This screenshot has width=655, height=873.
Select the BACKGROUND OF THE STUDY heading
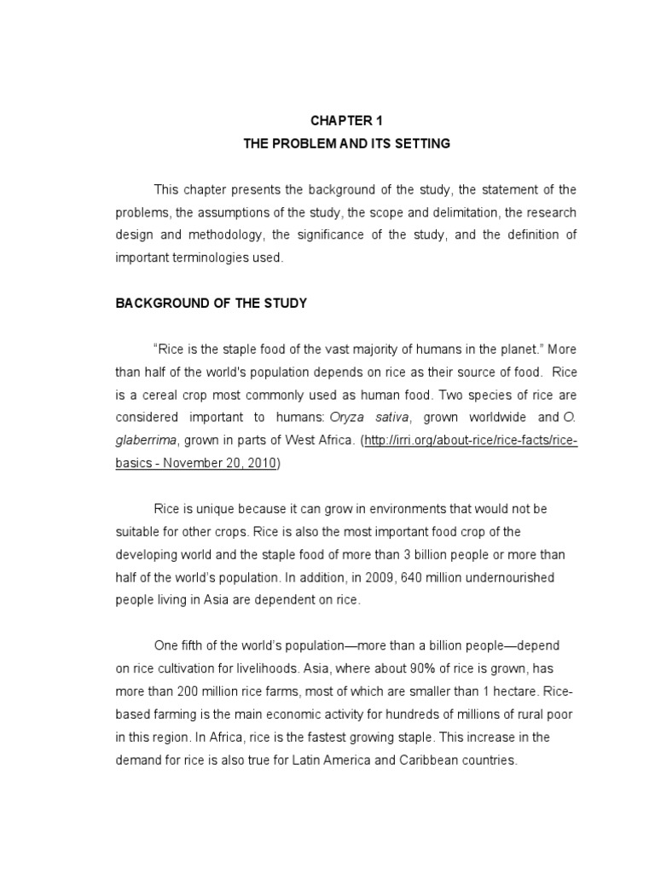click(212, 303)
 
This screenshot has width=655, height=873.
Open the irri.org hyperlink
click(471, 441)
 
